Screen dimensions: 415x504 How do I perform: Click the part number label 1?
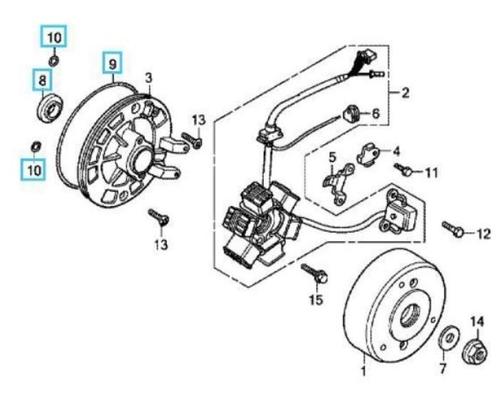(363, 372)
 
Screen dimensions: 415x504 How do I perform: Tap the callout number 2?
(405, 92)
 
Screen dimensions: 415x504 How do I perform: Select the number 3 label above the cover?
(148, 77)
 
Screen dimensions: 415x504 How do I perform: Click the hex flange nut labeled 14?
(474, 351)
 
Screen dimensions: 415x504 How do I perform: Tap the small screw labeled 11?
(404, 169)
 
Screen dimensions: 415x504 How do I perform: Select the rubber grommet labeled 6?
(351, 113)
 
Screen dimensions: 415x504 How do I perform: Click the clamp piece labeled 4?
(368, 153)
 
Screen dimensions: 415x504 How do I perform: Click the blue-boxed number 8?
(42, 80)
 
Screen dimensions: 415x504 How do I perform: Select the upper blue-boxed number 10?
(55, 36)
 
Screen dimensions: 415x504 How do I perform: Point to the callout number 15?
(316, 299)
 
